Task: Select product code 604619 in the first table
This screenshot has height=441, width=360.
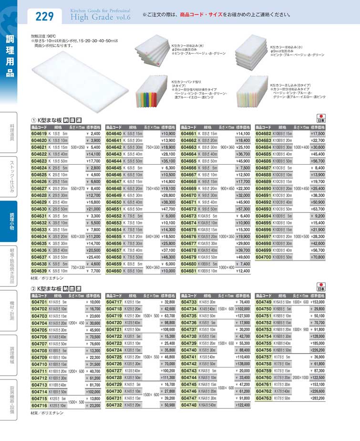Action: [39, 134]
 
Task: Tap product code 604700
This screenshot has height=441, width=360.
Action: [264, 256]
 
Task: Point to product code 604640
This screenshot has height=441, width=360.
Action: [114, 134]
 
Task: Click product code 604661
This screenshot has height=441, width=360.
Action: [189, 134]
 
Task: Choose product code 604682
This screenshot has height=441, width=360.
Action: [264, 134]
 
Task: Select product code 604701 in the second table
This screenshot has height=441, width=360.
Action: [39, 302]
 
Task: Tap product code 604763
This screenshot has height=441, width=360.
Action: [264, 397]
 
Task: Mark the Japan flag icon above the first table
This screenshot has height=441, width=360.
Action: [320, 118]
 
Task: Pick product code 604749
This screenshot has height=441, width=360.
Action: [264, 302]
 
